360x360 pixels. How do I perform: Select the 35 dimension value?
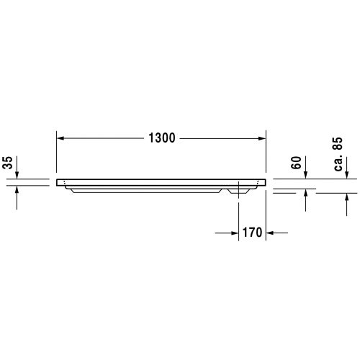point(8,163)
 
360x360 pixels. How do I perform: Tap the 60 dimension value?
point(296,163)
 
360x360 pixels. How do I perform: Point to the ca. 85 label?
point(336,154)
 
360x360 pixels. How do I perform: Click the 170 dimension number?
point(251,233)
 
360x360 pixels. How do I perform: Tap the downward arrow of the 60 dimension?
point(307,175)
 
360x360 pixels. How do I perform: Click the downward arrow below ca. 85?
point(347,175)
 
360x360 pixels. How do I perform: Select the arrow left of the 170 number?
point(233,233)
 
